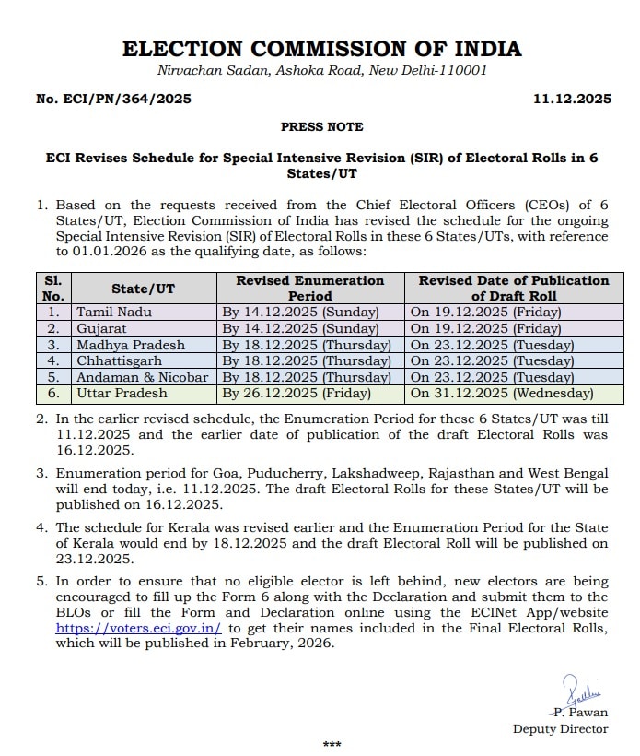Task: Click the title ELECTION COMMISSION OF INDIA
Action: pyautogui.click(x=321, y=49)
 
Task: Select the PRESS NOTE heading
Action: pyautogui.click(x=321, y=126)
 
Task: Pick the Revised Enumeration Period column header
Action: pyautogui.click(x=309, y=288)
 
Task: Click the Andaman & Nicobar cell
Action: pyautogui.click(x=142, y=377)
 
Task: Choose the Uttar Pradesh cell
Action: pyautogui.click(x=122, y=394)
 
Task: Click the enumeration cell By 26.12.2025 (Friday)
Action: pyautogui.click(x=294, y=394)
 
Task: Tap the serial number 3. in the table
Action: pyautogui.click(x=52, y=345)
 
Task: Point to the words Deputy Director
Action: pyautogui.click(x=560, y=728)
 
